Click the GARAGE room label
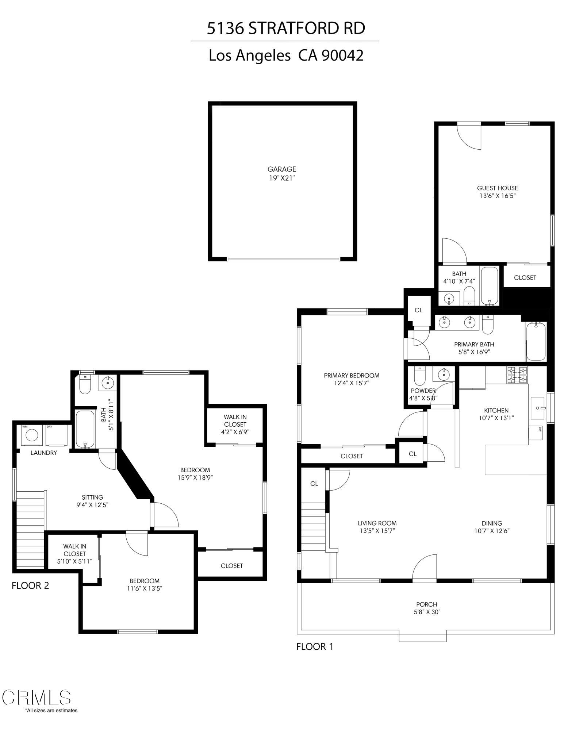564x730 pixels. (281, 169)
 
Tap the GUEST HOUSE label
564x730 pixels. (497, 188)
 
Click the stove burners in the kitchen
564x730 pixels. (517, 375)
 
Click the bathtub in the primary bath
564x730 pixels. (536, 341)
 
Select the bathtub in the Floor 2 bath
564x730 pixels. (85, 429)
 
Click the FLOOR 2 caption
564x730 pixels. (30, 585)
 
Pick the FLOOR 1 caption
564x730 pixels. (315, 646)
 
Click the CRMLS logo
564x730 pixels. (36, 697)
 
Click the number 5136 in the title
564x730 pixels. (225, 28)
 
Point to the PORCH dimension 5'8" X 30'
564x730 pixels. (426, 612)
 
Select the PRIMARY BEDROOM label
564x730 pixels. (352, 375)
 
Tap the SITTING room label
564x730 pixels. (92, 497)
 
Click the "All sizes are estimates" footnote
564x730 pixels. (51, 710)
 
